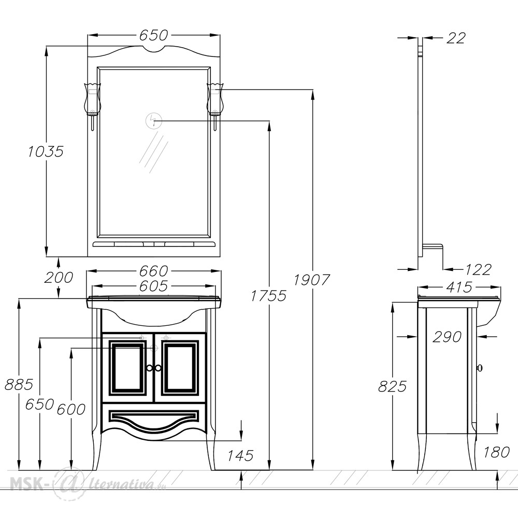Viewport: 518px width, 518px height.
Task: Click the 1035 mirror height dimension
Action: pyautogui.click(x=45, y=152)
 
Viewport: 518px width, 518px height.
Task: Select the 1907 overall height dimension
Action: pyautogui.click(x=311, y=280)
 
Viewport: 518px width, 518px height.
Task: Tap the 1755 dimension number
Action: pyautogui.click(x=268, y=296)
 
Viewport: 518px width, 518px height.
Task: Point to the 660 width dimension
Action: pyautogui.click(x=154, y=271)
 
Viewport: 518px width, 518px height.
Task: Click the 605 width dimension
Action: pyautogui.click(x=154, y=286)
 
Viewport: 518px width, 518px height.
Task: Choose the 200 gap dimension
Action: pyautogui.click(x=59, y=278)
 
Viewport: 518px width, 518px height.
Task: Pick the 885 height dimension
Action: pyautogui.click(x=19, y=384)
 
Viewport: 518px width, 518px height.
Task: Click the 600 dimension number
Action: pyautogui.click(x=71, y=410)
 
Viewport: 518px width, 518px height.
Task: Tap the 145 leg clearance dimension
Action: pyautogui.click(x=240, y=456)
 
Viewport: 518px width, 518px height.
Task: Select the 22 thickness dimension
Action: pyautogui.click(x=456, y=38)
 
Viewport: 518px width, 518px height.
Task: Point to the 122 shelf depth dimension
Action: pyautogui.click(x=478, y=270)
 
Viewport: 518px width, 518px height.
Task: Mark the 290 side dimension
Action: pyautogui.click(x=447, y=337)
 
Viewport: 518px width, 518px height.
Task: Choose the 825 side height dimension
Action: pyautogui.click(x=392, y=386)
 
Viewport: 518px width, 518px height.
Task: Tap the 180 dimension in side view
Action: pyautogui.click(x=497, y=452)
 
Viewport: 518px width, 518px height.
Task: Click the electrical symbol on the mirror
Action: pyautogui.click(x=154, y=121)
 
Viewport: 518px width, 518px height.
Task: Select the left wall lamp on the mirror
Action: pyautogui.click(x=92, y=106)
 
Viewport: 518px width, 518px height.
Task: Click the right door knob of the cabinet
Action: pyautogui.click(x=158, y=368)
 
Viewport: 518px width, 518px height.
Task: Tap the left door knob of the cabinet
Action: pyautogui.click(x=150, y=368)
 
